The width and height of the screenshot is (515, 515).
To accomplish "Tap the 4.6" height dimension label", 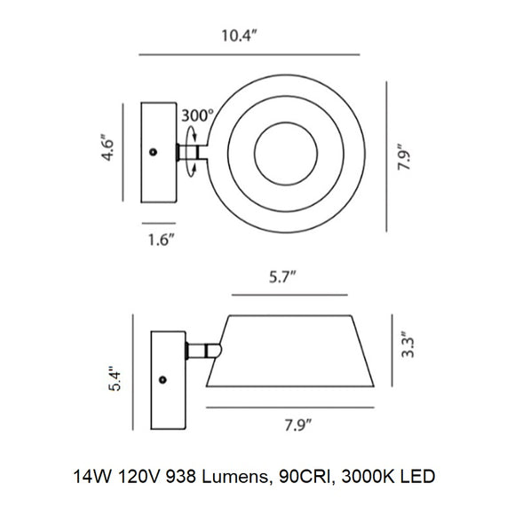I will pos(107,147).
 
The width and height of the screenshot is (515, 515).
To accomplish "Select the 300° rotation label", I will pos(196,115).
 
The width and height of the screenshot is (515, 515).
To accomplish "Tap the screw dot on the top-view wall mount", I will pos(154,153).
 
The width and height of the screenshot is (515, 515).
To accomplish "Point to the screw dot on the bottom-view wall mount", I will pos(162,379).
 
